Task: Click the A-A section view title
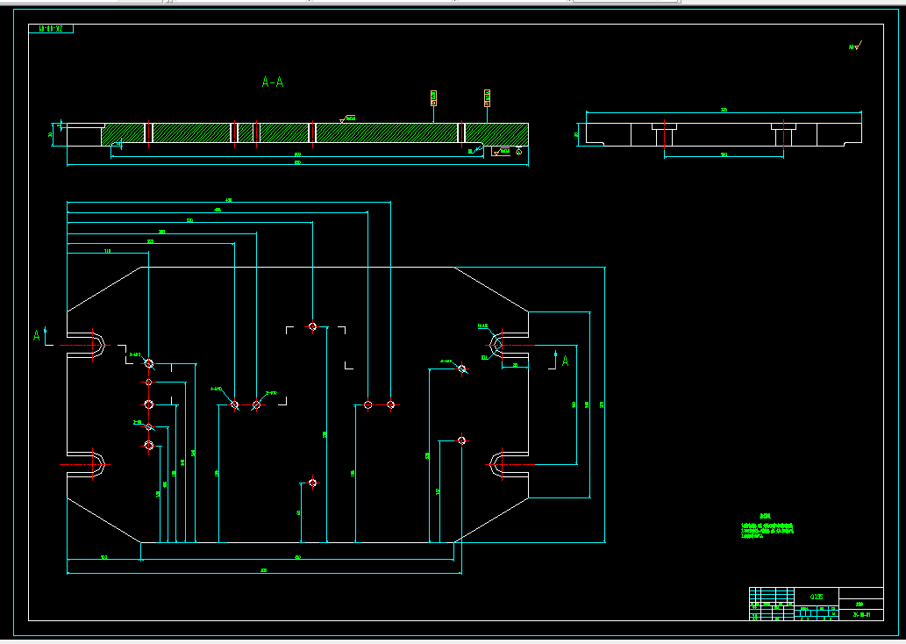pyautogui.click(x=273, y=82)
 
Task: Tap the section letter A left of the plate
pyautogui.click(x=37, y=335)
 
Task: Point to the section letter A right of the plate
pyautogui.click(x=565, y=360)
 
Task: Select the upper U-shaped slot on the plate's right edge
pyautogui.click(x=509, y=345)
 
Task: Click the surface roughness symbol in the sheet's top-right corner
pyautogui.click(x=854, y=46)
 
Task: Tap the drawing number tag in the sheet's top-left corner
pyautogui.click(x=52, y=29)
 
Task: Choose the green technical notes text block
pyautogui.click(x=767, y=527)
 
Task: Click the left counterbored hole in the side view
pyautogui.click(x=663, y=134)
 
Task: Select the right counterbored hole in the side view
pyautogui.click(x=782, y=134)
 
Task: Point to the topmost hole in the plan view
pyautogui.click(x=311, y=326)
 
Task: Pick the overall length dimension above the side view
pyautogui.click(x=724, y=111)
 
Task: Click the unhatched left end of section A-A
pyautogui.click(x=83, y=134)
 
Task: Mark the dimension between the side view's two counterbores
pyautogui.click(x=724, y=155)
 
